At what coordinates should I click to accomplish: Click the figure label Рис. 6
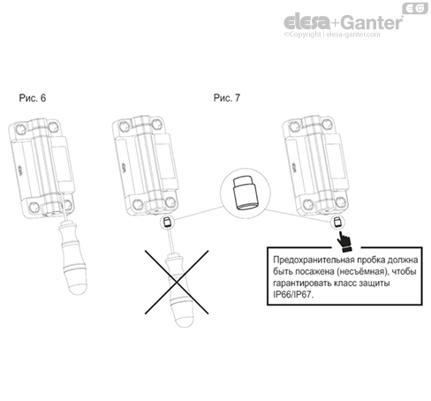(x=33, y=98)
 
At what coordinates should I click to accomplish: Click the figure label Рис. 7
(x=227, y=98)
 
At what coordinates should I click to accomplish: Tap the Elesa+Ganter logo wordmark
(x=344, y=21)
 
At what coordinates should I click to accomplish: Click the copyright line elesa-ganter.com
(x=332, y=34)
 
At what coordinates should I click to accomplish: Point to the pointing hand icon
(x=344, y=242)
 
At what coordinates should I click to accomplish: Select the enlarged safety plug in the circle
(x=246, y=193)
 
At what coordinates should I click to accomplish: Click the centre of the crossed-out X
(x=177, y=282)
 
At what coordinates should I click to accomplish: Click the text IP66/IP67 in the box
(x=293, y=294)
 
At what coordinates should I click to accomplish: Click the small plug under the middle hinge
(x=167, y=222)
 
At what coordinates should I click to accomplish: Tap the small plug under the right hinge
(x=336, y=222)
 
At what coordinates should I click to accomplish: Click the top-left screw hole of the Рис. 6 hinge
(x=20, y=128)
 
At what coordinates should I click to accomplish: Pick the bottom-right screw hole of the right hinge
(x=341, y=202)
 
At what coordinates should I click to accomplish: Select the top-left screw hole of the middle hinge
(x=124, y=126)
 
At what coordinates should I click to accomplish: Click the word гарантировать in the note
(x=303, y=284)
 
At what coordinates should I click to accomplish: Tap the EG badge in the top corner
(x=415, y=9)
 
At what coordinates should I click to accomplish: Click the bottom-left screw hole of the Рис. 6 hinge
(x=34, y=208)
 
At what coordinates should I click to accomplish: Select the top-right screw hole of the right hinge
(x=327, y=125)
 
